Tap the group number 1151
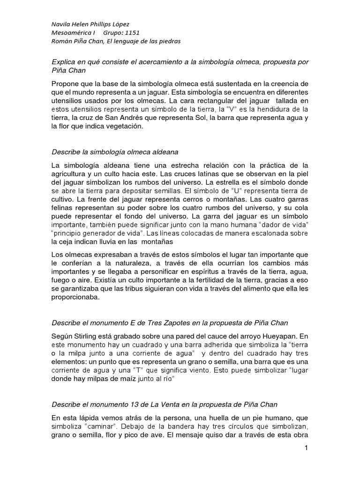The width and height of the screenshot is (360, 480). [130, 32]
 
